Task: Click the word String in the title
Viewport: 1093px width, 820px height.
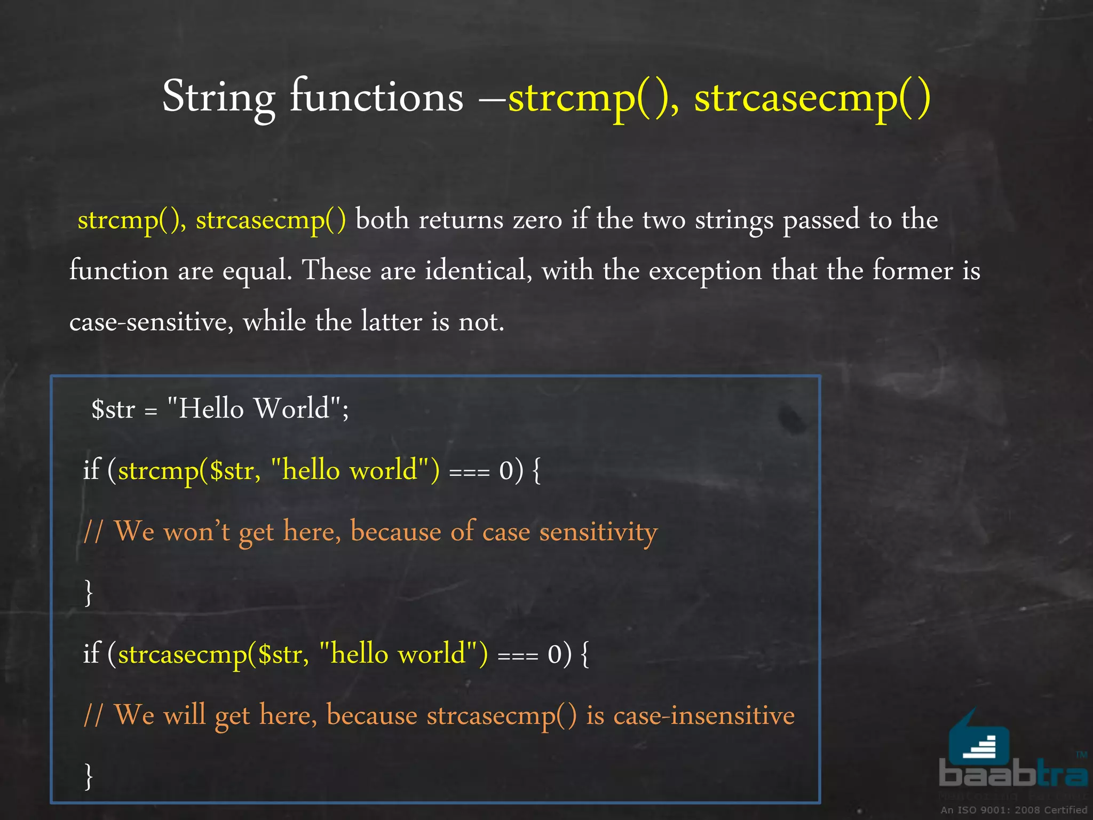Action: coord(219,98)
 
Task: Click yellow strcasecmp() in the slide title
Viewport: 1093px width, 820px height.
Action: coord(812,98)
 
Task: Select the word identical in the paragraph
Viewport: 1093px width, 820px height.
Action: coord(478,271)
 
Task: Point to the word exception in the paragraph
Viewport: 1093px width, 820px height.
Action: coord(705,271)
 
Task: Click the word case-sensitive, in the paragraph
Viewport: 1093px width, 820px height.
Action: coord(151,322)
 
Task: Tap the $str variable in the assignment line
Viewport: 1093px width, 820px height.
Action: coord(113,409)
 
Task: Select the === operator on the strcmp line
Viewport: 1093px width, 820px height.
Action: coord(469,472)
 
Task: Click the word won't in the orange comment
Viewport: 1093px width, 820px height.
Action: coord(196,532)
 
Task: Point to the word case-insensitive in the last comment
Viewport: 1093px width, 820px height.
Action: coord(704,716)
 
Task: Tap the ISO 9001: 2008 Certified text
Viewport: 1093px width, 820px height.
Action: coord(1013,810)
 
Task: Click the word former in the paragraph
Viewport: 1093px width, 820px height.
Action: coord(913,271)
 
